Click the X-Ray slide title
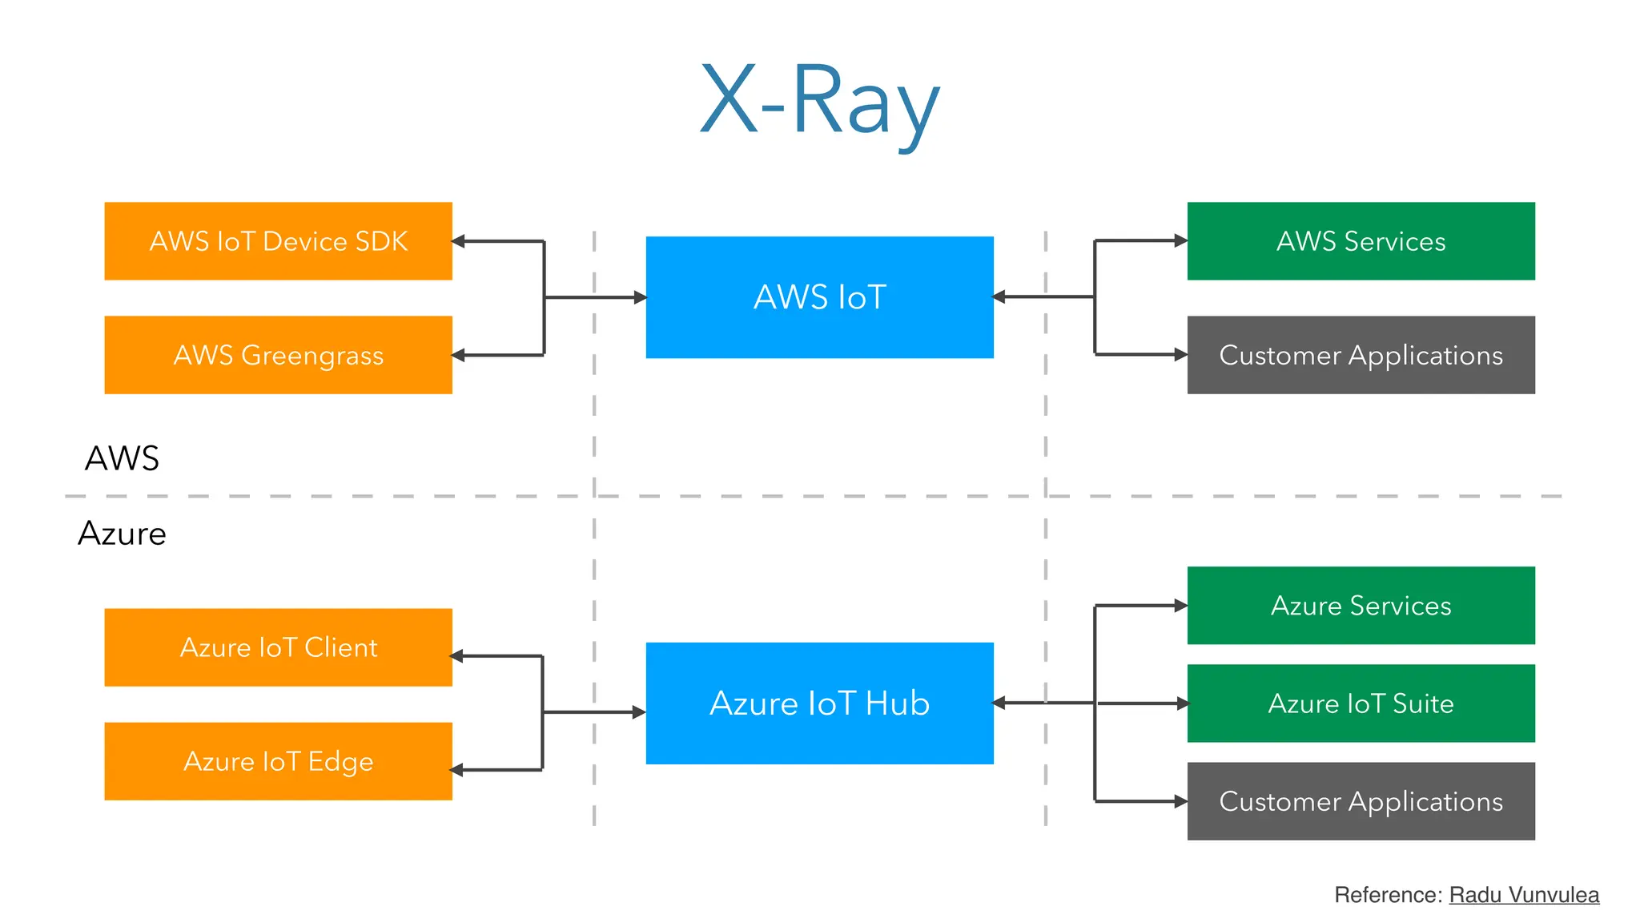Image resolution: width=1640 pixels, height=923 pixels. coord(819,100)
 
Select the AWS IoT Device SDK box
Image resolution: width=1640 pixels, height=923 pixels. coord(278,241)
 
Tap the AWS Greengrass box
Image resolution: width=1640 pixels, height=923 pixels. coord(278,355)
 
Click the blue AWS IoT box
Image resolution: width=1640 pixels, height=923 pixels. coord(819,297)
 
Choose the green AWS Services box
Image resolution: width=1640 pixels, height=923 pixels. coord(1361,241)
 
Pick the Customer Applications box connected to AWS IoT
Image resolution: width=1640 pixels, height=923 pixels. coord(1361,355)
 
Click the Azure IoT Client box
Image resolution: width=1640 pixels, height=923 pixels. coord(278,647)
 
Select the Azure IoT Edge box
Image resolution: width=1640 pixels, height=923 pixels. coord(278,761)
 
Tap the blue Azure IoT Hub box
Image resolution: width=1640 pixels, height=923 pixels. coord(819,703)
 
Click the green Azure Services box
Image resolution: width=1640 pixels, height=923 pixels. coord(1361,606)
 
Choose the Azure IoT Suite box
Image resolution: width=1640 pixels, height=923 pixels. coord(1361,703)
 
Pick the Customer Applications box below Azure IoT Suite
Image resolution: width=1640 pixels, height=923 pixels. coord(1361,801)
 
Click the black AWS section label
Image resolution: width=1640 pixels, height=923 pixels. coord(122,458)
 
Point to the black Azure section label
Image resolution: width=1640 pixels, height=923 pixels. coord(122,534)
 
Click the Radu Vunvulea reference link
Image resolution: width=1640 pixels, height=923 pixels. coord(1524,895)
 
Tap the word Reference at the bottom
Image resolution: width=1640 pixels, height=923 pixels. coord(1388,895)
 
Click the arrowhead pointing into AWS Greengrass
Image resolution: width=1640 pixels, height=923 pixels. coord(459,355)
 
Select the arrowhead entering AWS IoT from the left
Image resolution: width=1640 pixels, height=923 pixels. coord(640,297)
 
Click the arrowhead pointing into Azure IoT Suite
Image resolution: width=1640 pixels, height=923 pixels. coord(1182,703)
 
